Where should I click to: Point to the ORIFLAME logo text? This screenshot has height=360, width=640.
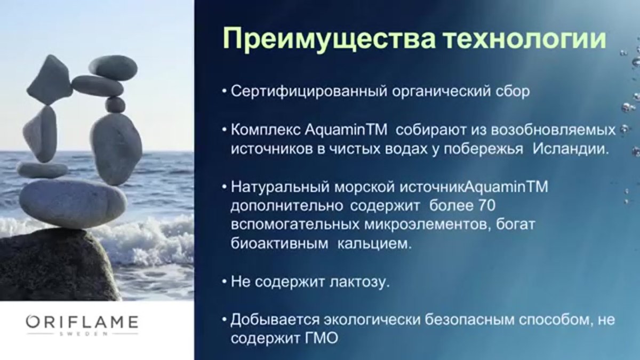(x=82, y=322)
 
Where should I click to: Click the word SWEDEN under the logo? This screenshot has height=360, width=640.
(x=82, y=334)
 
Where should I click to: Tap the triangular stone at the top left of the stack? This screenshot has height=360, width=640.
(x=49, y=79)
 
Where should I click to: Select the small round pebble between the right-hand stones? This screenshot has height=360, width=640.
(x=115, y=105)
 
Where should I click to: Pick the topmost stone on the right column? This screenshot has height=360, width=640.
(x=113, y=67)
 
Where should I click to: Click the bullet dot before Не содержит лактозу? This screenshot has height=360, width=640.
(x=224, y=283)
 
